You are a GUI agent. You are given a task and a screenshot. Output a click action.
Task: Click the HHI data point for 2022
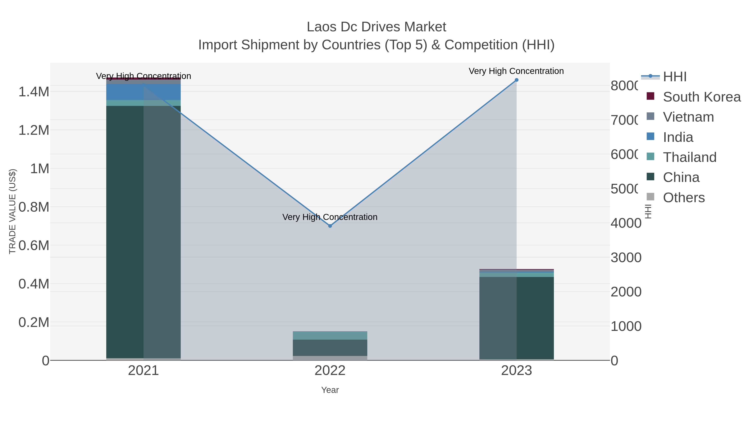(x=330, y=226)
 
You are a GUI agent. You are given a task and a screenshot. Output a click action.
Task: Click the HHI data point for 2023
(x=516, y=80)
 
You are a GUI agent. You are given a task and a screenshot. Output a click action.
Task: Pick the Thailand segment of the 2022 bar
(x=330, y=335)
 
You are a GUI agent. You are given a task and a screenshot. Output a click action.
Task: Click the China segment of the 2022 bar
(x=330, y=348)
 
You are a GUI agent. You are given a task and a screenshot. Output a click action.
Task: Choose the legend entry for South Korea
(x=702, y=97)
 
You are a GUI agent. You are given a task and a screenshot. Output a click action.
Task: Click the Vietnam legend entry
(x=688, y=117)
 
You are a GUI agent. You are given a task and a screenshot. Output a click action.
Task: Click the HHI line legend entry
(x=675, y=77)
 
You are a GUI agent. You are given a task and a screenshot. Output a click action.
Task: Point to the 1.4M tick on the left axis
(x=34, y=92)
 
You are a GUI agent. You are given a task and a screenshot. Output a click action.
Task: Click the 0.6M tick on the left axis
(x=34, y=245)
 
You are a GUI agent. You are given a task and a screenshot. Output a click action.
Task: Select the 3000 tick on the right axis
(x=626, y=258)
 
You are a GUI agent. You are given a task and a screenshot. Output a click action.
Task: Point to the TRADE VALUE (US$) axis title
(x=13, y=211)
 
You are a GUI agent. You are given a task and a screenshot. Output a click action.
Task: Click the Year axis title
(x=330, y=390)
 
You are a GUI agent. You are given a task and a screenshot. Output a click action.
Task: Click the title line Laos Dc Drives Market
(x=376, y=27)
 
